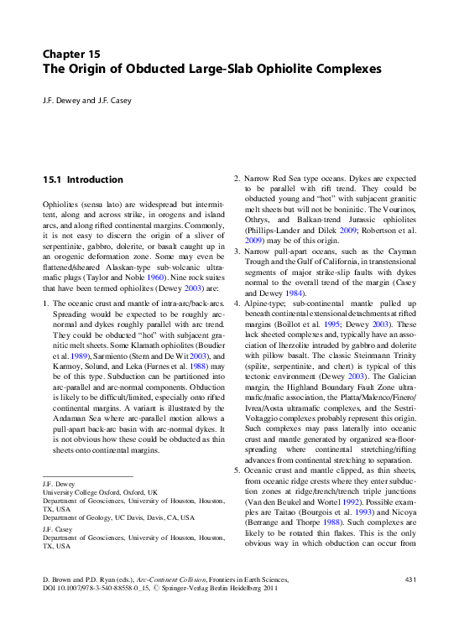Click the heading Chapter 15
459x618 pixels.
point(71,53)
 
